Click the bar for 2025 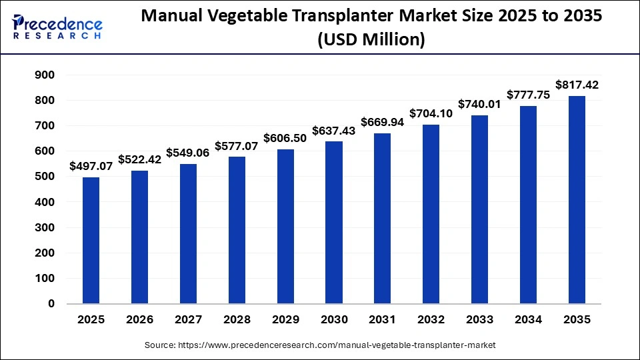pyautogui.click(x=91, y=240)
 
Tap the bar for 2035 pyautogui.click(x=577, y=199)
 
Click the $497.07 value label pyautogui.click(x=91, y=166)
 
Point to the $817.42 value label pyautogui.click(x=577, y=85)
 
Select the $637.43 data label pyautogui.click(x=334, y=131)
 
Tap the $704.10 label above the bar pyautogui.click(x=431, y=113)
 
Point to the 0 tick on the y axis pyautogui.click(x=51, y=304)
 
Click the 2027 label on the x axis pyautogui.click(x=188, y=319)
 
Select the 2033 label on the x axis pyautogui.click(x=480, y=319)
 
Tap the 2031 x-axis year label pyautogui.click(x=383, y=319)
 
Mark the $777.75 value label pyautogui.click(x=529, y=95)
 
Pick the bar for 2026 pyautogui.click(x=139, y=237)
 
